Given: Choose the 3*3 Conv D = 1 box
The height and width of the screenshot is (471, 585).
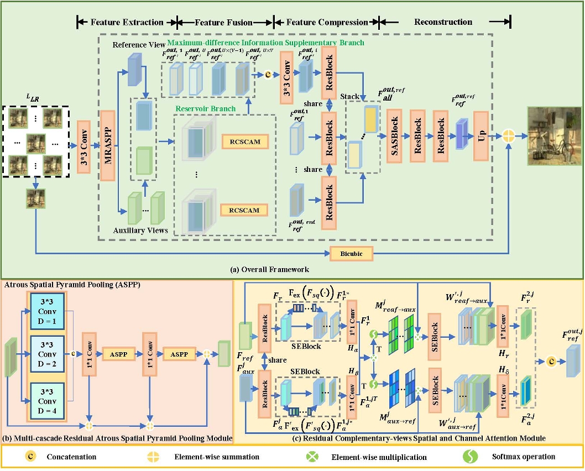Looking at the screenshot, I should tap(48, 308).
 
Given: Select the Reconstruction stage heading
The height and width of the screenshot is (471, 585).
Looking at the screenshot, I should tap(443, 22).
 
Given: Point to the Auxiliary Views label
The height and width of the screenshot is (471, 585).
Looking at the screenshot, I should tap(142, 229).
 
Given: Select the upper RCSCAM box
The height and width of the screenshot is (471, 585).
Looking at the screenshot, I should tap(241, 142).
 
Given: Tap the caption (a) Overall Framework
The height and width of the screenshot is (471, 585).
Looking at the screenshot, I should tap(269, 269).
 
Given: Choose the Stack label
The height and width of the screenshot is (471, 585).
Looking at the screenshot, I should tap(350, 96).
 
